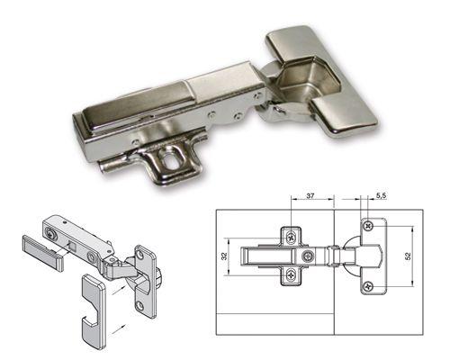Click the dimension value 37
pos(310,196)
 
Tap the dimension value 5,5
pos(381,196)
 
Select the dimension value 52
pos(408,256)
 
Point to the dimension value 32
pos(224,256)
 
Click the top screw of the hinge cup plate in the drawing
pos(368,225)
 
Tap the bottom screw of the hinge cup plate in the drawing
pos(368,287)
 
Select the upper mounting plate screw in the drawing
pos(291,238)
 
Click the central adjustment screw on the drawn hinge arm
pos(308,256)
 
